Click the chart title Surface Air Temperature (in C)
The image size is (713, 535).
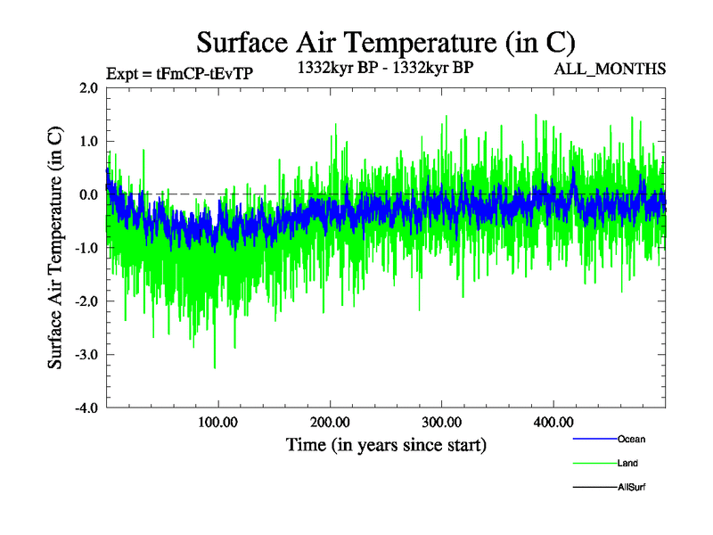(x=386, y=42)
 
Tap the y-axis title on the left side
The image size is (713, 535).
(x=55, y=248)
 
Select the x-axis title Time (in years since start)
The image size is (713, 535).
(x=386, y=443)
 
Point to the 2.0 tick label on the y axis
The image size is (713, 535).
(x=88, y=88)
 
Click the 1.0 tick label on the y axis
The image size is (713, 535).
(x=88, y=142)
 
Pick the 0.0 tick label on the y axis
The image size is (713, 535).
(x=88, y=194)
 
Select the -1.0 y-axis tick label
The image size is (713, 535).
(x=86, y=248)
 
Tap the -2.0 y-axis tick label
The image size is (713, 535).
(x=86, y=301)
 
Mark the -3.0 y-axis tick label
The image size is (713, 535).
(x=86, y=355)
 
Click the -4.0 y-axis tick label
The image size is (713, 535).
(x=86, y=408)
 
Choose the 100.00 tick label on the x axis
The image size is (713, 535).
(x=217, y=422)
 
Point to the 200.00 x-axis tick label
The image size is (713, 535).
(x=330, y=422)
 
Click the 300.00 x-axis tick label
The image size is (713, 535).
(x=441, y=422)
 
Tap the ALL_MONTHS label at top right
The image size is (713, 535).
(x=611, y=69)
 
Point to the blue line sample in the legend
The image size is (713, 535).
(x=594, y=439)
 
